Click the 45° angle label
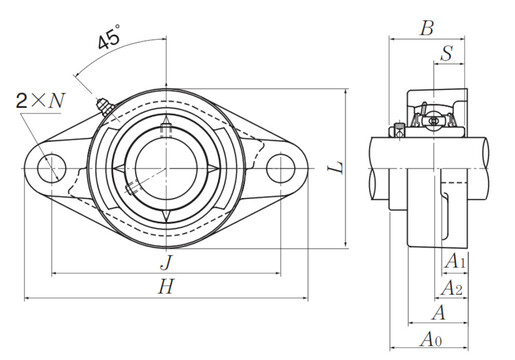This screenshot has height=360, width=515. pos(110,37)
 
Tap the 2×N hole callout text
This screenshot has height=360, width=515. pos(40,100)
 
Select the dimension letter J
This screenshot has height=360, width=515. pos(167,262)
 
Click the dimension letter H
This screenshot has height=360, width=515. pos(166,287)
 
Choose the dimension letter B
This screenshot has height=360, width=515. pos(427,28)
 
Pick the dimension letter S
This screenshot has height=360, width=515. pos(447,53)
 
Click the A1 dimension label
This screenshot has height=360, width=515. pos(455,261)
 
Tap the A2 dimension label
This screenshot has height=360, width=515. pos(452,288)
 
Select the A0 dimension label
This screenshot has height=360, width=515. pos(431,340)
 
